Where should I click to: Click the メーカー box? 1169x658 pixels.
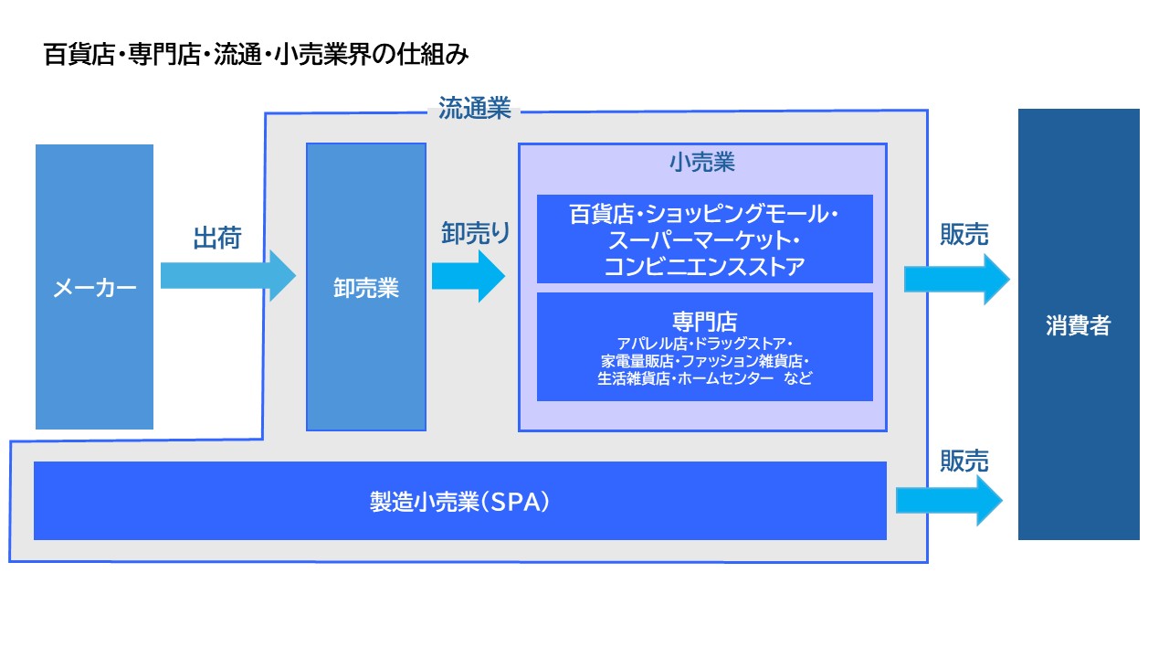click(x=94, y=287)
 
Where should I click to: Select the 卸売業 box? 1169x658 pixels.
click(x=366, y=287)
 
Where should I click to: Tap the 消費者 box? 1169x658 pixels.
click(x=1079, y=325)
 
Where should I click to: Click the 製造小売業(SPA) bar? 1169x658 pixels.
click(x=459, y=501)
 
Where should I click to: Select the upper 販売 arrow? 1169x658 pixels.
click(x=956, y=280)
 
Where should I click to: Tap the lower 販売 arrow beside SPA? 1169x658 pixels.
click(x=949, y=501)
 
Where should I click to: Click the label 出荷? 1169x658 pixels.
click(x=217, y=239)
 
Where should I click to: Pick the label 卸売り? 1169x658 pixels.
click(x=476, y=232)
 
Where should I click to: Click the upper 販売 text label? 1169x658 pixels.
click(x=964, y=235)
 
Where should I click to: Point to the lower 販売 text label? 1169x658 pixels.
click(x=964, y=462)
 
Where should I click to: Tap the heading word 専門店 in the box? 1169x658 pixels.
click(x=704, y=321)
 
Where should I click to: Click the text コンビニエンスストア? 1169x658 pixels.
click(x=704, y=267)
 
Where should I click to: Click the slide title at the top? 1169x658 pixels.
click(x=257, y=55)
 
